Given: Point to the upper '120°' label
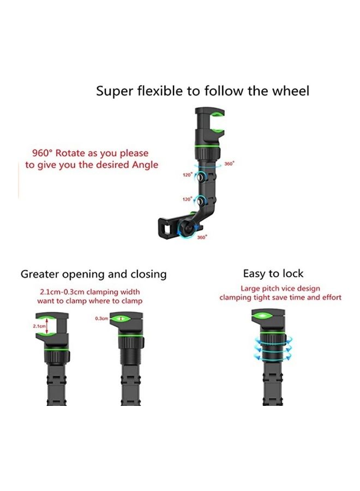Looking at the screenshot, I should [188, 176].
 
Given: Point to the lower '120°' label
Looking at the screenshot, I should [187, 200].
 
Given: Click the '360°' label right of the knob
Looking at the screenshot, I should [229, 163].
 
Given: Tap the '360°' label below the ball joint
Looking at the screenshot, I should [202, 237].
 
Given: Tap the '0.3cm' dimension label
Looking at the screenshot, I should [101, 318].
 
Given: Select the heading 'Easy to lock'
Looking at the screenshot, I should [273, 273].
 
